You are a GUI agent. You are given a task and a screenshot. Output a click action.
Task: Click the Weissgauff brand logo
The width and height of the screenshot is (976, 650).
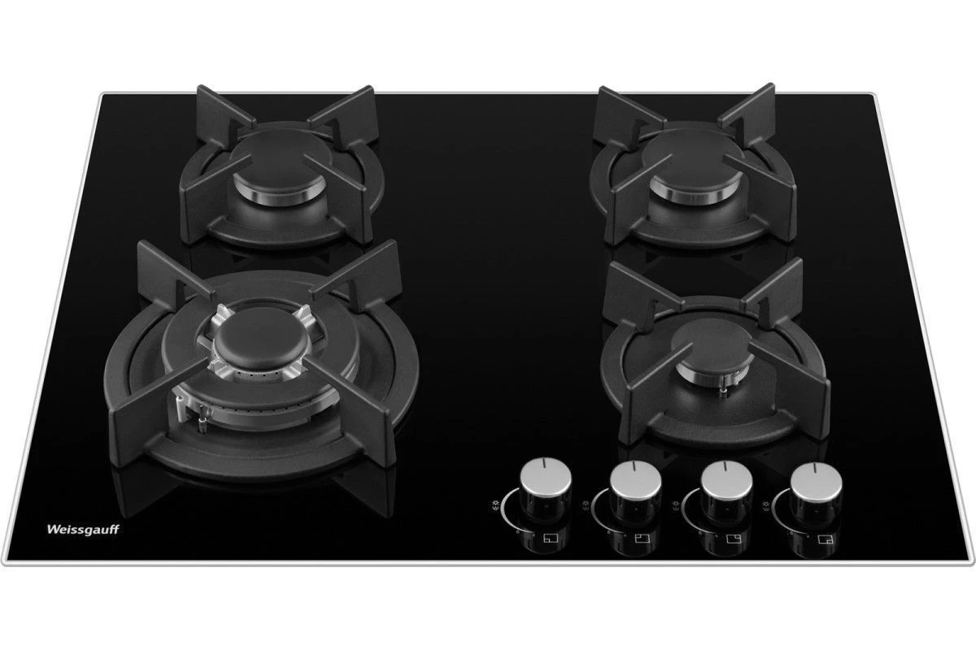coord(83,530)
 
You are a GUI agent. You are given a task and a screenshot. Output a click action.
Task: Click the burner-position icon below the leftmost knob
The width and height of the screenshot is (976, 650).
coord(551,539)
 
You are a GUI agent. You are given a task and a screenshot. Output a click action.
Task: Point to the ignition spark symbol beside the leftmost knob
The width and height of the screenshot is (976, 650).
coord(495,507)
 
